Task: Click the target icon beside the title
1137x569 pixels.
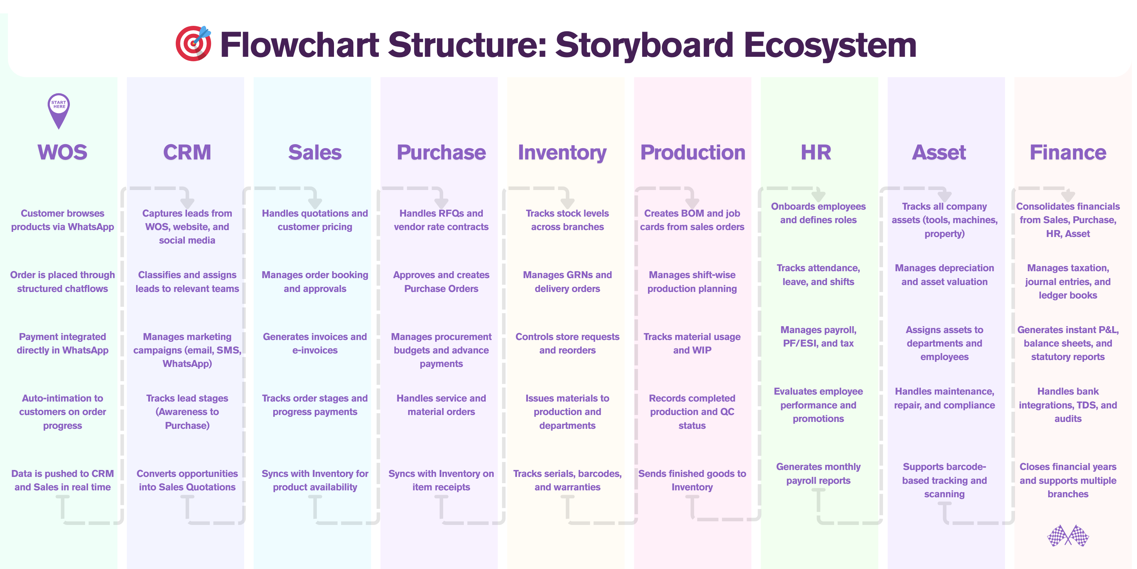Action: pos(193,43)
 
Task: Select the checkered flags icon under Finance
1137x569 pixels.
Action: pos(1068,536)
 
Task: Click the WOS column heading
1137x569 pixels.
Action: pos(62,153)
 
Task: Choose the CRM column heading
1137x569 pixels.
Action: pos(187,153)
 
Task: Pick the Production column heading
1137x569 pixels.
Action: pos(692,153)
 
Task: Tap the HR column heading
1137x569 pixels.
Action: pos(816,153)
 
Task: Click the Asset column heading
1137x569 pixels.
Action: pos(939,153)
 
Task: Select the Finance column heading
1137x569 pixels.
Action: pos(1068,153)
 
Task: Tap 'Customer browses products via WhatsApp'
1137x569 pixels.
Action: pos(63,220)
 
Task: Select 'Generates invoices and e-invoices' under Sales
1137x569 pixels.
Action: pos(315,343)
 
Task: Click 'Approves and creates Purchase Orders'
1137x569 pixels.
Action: pos(441,281)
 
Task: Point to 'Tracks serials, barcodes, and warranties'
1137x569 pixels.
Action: pos(568,480)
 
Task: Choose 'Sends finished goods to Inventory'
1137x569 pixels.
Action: pos(692,480)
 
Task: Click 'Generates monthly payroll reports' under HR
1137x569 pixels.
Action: pos(818,474)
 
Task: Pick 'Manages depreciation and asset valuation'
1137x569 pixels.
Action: pos(945,275)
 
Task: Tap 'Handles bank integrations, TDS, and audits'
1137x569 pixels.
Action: pos(1068,405)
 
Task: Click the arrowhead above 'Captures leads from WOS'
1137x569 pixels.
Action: pos(187,202)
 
